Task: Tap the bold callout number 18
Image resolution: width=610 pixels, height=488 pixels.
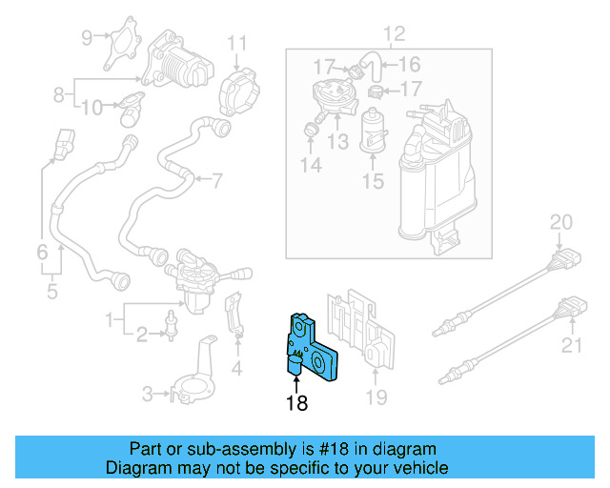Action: (x=296, y=403)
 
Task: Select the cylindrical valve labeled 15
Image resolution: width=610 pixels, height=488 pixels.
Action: (x=372, y=130)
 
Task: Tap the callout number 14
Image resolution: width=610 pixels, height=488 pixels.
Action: (x=311, y=166)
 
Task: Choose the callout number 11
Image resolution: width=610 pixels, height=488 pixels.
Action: (x=236, y=42)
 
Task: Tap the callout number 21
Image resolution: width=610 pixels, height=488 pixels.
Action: (x=571, y=345)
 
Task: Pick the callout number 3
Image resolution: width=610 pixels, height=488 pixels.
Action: (x=148, y=393)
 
